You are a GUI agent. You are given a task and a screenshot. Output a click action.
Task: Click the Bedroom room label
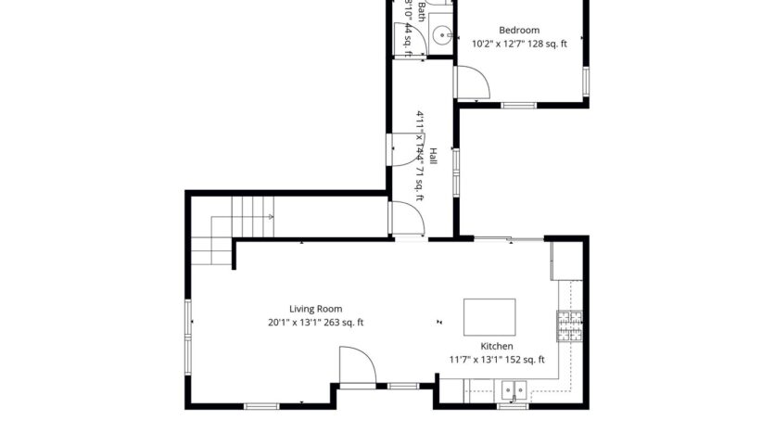click(518, 30)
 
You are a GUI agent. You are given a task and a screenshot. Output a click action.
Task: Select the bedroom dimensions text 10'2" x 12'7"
click(501, 44)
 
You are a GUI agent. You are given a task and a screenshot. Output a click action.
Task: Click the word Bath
click(422, 11)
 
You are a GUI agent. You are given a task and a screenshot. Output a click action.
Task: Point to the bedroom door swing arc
click(476, 83)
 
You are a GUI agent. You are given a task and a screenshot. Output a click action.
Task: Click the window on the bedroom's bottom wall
click(520, 106)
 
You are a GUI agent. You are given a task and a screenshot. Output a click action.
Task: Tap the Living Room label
click(315, 310)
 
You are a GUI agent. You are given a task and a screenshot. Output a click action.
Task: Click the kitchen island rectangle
click(490, 317)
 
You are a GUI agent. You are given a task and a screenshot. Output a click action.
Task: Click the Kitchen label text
click(496, 347)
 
